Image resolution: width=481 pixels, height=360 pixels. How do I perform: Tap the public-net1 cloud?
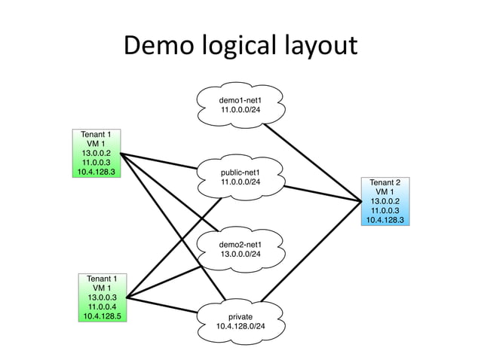(240, 176)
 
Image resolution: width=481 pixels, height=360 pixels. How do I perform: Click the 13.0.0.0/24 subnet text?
(240, 255)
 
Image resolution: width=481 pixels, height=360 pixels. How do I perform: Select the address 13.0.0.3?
(101, 297)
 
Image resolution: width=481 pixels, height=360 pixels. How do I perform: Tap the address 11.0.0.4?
(101, 307)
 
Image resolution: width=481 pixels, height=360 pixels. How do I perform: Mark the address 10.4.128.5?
(101, 316)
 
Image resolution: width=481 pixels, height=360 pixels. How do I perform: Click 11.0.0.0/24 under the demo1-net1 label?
(240, 110)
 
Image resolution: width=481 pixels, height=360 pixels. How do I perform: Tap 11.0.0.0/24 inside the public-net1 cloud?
(240, 182)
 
